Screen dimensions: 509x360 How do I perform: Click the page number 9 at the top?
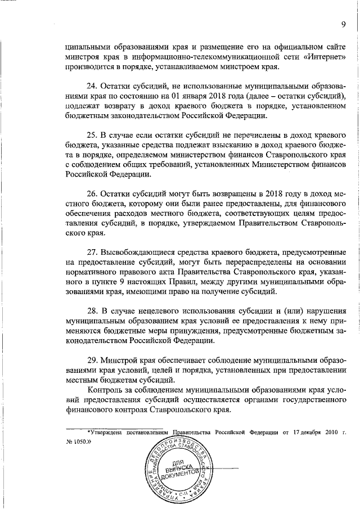(342, 23)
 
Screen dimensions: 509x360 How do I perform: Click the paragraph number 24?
(92, 85)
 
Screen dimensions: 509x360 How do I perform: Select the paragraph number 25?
(92, 136)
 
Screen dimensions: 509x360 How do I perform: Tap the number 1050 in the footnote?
(78, 443)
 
